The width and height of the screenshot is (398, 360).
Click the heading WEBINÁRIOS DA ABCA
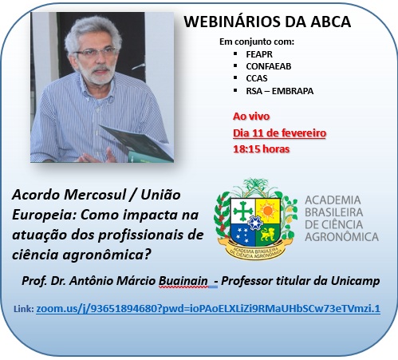(x=267, y=22)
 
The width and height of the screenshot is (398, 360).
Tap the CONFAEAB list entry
(x=269, y=66)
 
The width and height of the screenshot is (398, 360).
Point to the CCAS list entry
(x=257, y=78)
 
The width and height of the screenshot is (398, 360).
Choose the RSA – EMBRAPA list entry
(x=280, y=91)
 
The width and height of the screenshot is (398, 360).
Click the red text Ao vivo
(x=251, y=117)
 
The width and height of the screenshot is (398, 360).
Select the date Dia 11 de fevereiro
(x=279, y=133)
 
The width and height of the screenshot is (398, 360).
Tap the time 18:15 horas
(x=262, y=148)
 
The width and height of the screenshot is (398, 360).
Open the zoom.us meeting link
(x=208, y=309)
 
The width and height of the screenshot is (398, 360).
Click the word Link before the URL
(x=23, y=309)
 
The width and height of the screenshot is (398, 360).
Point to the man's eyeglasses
(x=96, y=52)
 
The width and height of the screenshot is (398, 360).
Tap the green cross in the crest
(x=242, y=211)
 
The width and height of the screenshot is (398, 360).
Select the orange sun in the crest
(x=268, y=211)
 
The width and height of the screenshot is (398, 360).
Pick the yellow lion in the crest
(x=267, y=234)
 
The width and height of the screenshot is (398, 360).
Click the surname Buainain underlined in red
(x=183, y=281)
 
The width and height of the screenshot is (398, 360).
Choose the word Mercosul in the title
(x=95, y=195)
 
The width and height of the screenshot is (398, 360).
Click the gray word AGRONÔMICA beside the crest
(x=341, y=237)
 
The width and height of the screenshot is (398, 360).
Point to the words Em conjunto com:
(x=257, y=42)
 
